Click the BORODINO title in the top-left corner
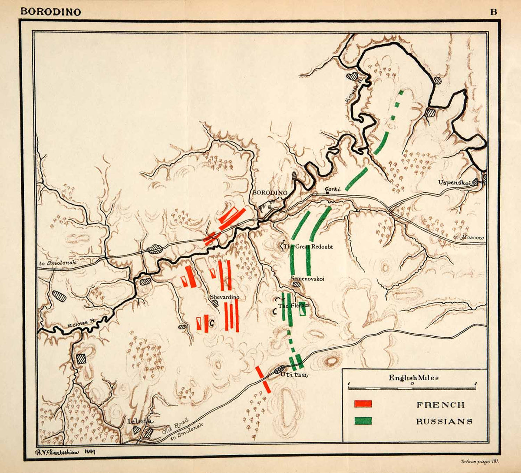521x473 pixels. (51, 12)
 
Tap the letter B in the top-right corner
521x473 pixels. (493, 12)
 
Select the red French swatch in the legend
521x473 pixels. (363, 404)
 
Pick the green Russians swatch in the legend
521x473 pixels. (363, 421)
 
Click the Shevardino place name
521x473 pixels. (224, 297)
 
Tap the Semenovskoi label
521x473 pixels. (307, 279)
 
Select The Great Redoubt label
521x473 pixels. (308, 246)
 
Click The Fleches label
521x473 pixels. (294, 305)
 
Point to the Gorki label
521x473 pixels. (332, 189)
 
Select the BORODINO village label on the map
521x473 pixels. (270, 192)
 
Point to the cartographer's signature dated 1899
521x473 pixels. (64, 452)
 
